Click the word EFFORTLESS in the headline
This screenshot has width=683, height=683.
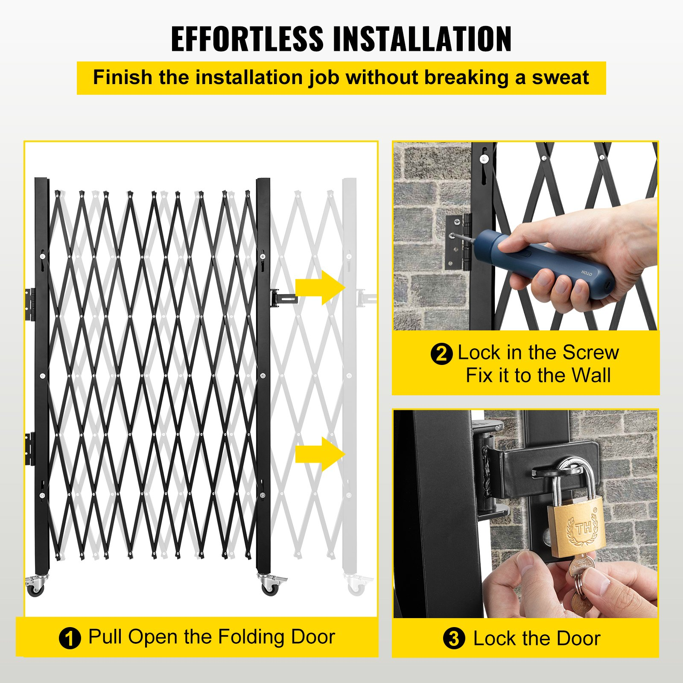(x=247, y=39)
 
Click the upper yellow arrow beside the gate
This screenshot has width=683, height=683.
(x=320, y=287)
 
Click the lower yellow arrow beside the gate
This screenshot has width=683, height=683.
(x=320, y=454)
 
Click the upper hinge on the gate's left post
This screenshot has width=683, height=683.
(x=30, y=304)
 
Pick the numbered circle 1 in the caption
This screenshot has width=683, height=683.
(x=70, y=639)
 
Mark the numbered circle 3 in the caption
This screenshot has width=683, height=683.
(x=454, y=639)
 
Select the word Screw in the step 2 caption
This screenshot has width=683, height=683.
(x=590, y=353)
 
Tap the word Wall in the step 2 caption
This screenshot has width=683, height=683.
(x=591, y=376)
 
